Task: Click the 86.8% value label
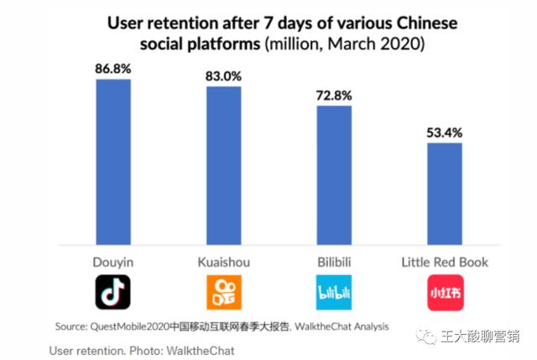pyautogui.click(x=113, y=67)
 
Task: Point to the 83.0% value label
pyautogui.click(x=223, y=76)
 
